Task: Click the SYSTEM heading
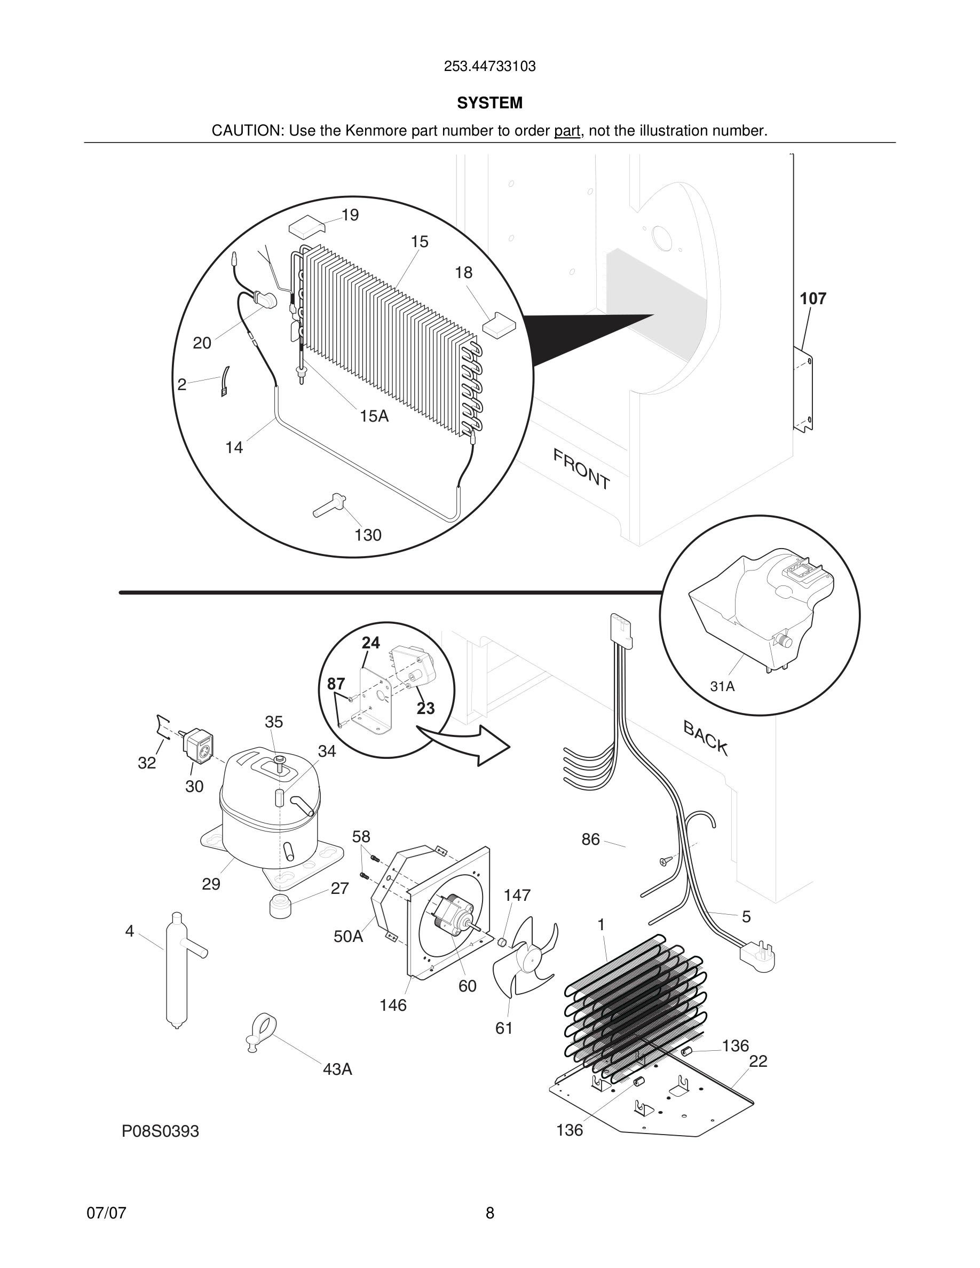[x=489, y=103]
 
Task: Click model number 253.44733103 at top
[x=489, y=67]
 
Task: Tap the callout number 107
[x=812, y=298]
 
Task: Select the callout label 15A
[x=374, y=416]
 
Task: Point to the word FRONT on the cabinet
[x=581, y=469]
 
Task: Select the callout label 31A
[x=722, y=686]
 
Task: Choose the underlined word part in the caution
[x=567, y=131]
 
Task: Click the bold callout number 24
[x=370, y=643]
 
